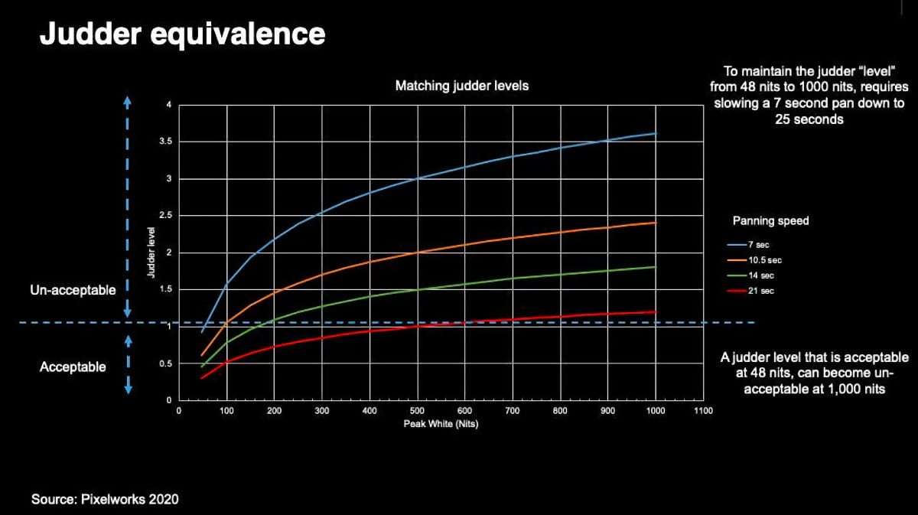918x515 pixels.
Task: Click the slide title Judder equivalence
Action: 182,34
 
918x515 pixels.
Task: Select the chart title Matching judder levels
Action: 461,86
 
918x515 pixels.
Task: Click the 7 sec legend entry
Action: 758,244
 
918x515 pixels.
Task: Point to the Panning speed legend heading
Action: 770,221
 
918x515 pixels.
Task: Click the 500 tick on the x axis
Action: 418,411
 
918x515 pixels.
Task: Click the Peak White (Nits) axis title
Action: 441,425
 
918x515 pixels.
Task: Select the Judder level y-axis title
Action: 154,253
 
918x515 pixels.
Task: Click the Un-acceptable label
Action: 73,291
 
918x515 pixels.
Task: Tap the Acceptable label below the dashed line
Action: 73,367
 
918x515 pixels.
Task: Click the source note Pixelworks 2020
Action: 105,500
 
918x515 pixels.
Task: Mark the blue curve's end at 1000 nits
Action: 656,133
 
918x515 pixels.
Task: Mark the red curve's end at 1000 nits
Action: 656,311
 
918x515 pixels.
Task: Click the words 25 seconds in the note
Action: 809,120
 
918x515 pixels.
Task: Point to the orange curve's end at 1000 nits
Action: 656,223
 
